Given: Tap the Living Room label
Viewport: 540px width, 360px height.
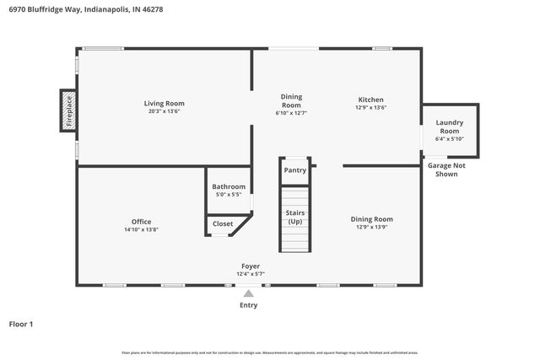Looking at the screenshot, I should [x=164, y=104].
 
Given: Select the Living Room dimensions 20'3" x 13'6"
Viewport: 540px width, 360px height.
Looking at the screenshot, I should [x=164, y=111].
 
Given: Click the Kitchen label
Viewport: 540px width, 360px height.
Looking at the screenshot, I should [x=371, y=99].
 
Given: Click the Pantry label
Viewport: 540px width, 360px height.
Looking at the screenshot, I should [x=295, y=170].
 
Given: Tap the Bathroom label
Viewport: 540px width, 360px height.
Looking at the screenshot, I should [x=229, y=186].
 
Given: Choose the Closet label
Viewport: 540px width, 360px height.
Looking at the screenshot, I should [x=223, y=224].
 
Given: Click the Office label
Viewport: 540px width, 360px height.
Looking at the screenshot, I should [x=141, y=222].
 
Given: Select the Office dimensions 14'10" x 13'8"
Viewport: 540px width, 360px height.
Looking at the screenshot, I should [x=141, y=229].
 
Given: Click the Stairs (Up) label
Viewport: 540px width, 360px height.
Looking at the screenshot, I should [x=295, y=218].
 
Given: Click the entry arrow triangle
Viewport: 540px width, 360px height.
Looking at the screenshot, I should [x=248, y=293].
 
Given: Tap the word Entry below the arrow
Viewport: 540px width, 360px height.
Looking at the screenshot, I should [x=248, y=305].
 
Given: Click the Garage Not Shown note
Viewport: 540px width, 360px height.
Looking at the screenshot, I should [x=446, y=169].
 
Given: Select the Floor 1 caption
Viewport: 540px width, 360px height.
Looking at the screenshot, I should [x=20, y=324].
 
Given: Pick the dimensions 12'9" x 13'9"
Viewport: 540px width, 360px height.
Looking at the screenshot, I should [x=372, y=227].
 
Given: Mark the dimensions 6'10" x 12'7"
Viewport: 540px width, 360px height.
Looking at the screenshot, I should [x=291, y=112].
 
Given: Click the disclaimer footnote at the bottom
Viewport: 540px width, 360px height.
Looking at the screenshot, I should [x=270, y=352].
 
